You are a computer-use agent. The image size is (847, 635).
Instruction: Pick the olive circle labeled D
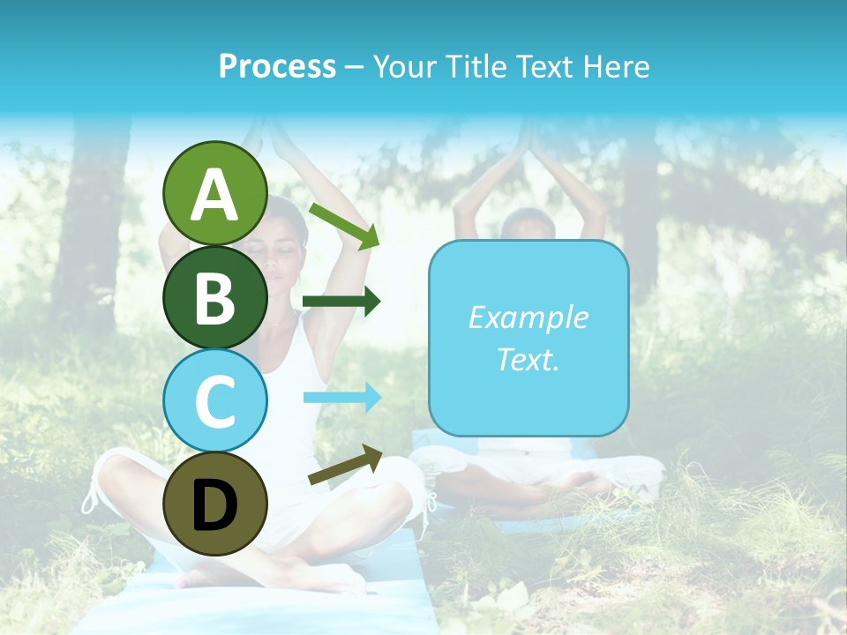click(215, 504)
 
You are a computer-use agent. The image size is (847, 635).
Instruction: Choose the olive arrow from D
click(345, 466)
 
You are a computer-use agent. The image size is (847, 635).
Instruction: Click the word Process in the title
click(277, 66)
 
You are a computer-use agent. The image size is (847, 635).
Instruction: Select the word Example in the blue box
click(528, 317)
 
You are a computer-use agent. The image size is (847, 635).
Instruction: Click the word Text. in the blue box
click(528, 359)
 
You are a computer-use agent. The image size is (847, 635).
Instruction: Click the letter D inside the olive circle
click(215, 505)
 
